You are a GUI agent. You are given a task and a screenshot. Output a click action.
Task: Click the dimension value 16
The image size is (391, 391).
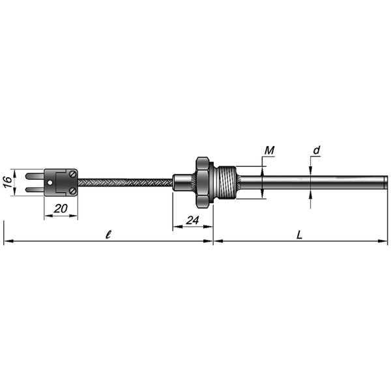click(8, 182)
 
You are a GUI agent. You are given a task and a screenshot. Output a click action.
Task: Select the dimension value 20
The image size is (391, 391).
click(61, 209)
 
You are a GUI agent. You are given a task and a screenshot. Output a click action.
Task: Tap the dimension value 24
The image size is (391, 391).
click(192, 220)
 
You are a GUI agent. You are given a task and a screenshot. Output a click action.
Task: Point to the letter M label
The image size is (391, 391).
click(269, 151)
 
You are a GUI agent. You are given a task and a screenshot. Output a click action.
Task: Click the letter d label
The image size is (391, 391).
click(316, 151)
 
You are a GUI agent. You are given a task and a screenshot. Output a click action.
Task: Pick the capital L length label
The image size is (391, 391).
click(300, 235)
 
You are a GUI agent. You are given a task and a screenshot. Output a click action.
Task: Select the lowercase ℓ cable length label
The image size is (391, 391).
click(108, 235)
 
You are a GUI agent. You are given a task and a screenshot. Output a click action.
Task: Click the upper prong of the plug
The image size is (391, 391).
click(35, 176)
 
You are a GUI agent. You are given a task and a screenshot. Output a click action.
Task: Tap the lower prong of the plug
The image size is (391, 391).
click(35, 190)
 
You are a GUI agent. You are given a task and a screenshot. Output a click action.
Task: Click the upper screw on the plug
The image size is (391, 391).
click(73, 173)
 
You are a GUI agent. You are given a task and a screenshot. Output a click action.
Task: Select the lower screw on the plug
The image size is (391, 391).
click(73, 191)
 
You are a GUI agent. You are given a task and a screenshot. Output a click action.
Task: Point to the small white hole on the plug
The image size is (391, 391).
click(50, 182)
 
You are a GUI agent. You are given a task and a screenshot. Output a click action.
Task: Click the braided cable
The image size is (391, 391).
click(125, 182)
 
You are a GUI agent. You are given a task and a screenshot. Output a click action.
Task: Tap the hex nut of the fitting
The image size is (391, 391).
click(202, 182)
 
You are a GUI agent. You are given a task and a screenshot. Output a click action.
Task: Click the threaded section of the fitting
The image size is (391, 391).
click(227, 182)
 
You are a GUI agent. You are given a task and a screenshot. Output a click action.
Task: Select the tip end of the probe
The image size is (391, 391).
click(386, 182)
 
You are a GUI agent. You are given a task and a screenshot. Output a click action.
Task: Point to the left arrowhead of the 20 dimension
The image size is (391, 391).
click(48, 216)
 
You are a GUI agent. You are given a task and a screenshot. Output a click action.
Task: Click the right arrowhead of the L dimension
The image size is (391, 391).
click(383, 241)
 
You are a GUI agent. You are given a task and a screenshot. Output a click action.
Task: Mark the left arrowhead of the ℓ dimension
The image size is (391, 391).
click(8, 241)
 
